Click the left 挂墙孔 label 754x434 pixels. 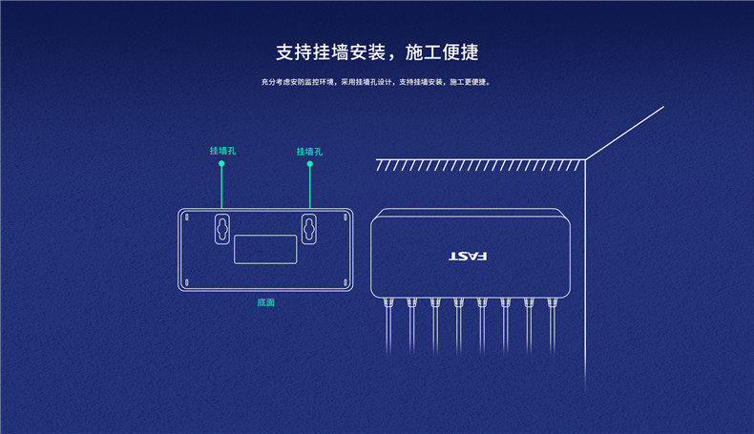[x=222, y=151]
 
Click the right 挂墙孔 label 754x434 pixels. [x=309, y=151]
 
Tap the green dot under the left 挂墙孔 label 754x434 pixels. [x=221, y=164]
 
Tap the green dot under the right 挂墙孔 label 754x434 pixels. [x=309, y=164]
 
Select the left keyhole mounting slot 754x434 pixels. [x=221, y=227]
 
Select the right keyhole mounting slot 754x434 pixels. [x=309, y=227]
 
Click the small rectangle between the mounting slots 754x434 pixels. [x=264, y=249]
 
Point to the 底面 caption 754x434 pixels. [x=265, y=302]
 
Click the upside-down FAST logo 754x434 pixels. [x=468, y=257]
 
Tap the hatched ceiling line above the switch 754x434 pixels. [x=477, y=164]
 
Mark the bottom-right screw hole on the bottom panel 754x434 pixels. [x=344, y=281]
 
